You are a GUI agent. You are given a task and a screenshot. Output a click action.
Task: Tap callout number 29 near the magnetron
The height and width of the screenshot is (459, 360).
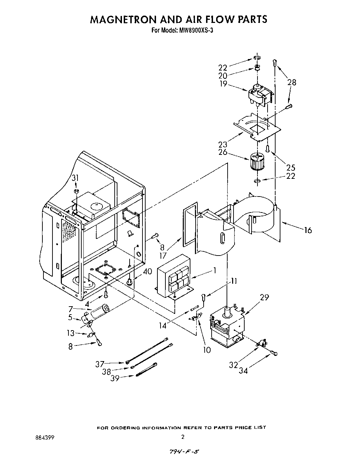pyautogui.click(x=264, y=298)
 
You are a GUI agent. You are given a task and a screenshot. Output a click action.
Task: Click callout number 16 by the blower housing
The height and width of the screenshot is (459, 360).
pyautogui.click(x=308, y=230)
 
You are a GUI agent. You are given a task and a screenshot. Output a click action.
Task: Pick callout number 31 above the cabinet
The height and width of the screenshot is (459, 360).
pyautogui.click(x=75, y=178)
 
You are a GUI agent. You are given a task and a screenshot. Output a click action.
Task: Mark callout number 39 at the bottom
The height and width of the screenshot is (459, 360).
pyautogui.click(x=115, y=378)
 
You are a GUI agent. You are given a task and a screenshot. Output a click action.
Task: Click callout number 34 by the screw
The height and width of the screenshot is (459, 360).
pyautogui.click(x=243, y=371)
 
